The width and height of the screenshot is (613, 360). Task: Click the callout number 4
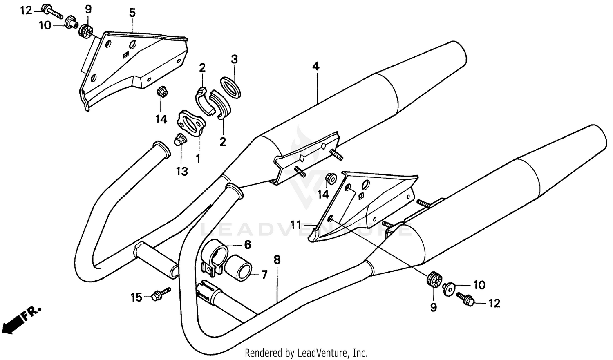click(x=316, y=66)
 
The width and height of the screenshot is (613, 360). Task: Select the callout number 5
click(x=132, y=13)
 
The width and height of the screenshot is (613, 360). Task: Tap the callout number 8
click(x=277, y=259)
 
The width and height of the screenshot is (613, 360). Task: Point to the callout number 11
click(x=296, y=224)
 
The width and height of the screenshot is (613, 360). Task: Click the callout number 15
click(x=136, y=297)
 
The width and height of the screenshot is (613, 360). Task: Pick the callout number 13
click(x=182, y=171)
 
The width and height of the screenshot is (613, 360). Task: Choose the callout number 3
click(x=234, y=60)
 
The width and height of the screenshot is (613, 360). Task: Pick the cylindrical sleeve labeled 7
click(x=242, y=268)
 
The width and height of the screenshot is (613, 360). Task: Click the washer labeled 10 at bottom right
click(x=449, y=288)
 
